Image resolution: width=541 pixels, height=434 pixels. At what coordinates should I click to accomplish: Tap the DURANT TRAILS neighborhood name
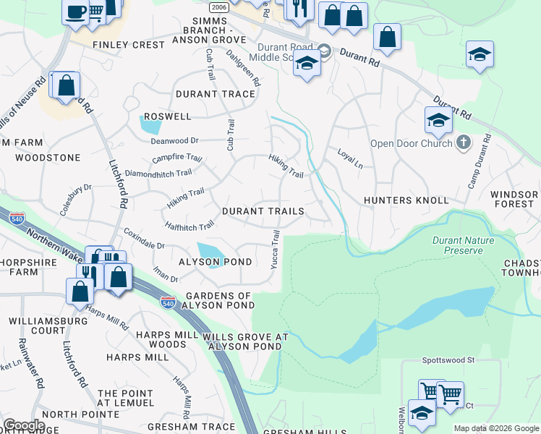click(263, 211)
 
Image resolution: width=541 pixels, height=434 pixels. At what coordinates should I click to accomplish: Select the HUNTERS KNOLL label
click(406, 200)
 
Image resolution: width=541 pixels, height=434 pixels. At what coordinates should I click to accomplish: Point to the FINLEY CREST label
click(129, 45)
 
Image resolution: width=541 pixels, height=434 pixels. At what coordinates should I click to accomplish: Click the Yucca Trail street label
click(275, 250)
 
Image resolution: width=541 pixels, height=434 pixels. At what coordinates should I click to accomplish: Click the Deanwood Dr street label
click(174, 141)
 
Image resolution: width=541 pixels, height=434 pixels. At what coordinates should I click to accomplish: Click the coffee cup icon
click(75, 12)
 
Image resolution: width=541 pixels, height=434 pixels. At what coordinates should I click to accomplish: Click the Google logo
click(24, 425)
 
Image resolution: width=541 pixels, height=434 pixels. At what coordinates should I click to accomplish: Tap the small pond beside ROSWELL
click(151, 125)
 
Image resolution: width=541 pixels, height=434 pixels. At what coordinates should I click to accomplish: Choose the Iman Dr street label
click(165, 276)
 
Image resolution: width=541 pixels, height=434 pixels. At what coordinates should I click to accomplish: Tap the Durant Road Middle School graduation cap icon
click(306, 64)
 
